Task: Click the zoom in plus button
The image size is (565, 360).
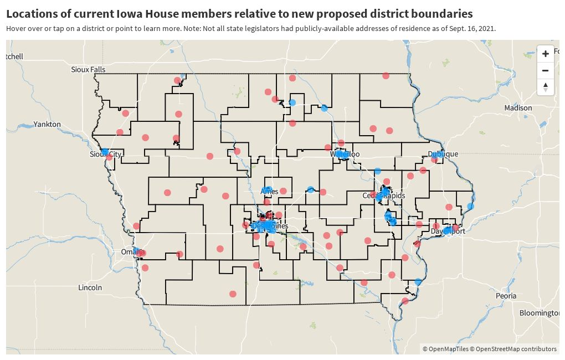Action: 545,54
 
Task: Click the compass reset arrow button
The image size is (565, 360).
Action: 545,88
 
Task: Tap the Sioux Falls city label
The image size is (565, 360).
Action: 88,70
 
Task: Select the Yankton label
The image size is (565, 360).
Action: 47,124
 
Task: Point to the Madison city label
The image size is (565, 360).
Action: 518,108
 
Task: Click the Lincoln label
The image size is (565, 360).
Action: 90,287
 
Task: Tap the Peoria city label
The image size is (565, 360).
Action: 506,296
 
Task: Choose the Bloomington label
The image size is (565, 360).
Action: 539,313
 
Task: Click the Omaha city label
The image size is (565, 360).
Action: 133,252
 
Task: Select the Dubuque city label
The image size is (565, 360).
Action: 443,154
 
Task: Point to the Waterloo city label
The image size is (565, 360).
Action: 345,154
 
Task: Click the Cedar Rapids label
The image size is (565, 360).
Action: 383,196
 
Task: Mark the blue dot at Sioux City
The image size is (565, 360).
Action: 105,151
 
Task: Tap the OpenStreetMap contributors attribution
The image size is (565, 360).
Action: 516,349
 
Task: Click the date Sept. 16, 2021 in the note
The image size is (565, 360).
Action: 472,28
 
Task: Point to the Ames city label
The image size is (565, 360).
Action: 270,192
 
